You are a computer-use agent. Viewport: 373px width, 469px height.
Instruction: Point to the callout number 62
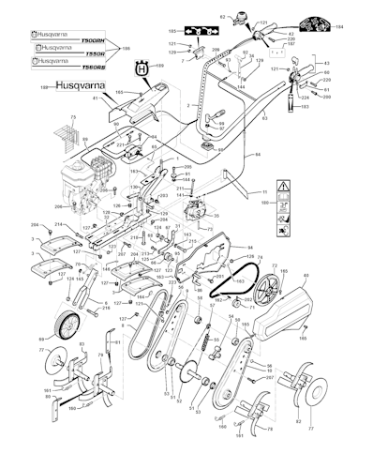point(223,17)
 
